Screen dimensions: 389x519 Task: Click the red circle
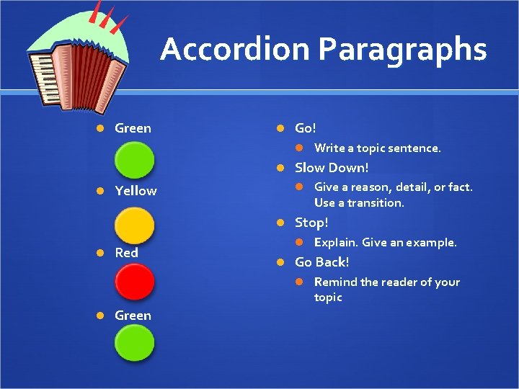pos(136,283)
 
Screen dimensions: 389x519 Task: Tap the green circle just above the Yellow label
pos(136,159)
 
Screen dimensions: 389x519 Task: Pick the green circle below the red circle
pos(136,342)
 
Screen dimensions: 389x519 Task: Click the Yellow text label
pos(136,191)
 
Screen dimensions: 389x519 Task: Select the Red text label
pos(126,253)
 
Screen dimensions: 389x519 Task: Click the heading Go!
pos(306,128)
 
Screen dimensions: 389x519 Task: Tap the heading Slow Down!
pos(332,168)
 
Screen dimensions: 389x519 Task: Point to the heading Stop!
pos(311,223)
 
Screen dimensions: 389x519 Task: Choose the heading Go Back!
pos(321,262)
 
